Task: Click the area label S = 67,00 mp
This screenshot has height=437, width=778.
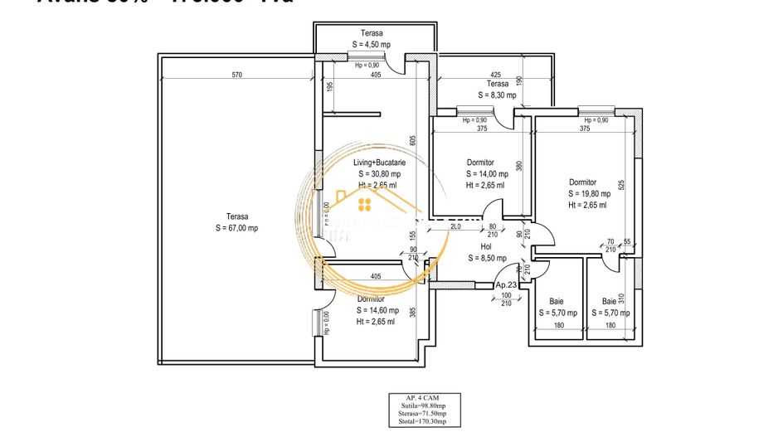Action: point(236,228)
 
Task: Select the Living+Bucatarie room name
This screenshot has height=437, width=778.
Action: point(379,163)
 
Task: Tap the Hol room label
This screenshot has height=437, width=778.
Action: point(487,246)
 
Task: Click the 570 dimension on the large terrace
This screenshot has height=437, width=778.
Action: point(236,75)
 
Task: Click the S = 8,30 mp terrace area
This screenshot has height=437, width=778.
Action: point(498,95)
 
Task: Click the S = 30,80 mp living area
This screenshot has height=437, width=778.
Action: point(379,174)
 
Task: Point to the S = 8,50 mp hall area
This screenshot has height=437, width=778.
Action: point(487,258)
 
